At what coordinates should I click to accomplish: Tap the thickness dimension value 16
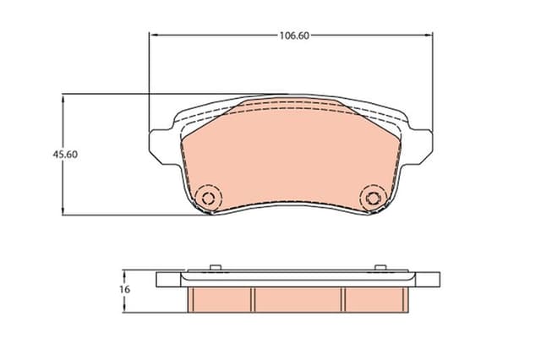click(124, 289)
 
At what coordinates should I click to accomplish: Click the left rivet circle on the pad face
click(206, 199)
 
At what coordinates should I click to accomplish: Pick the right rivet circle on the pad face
click(372, 199)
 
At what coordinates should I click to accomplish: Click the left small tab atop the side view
click(215, 269)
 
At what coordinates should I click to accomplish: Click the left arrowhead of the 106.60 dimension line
click(153, 35)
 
